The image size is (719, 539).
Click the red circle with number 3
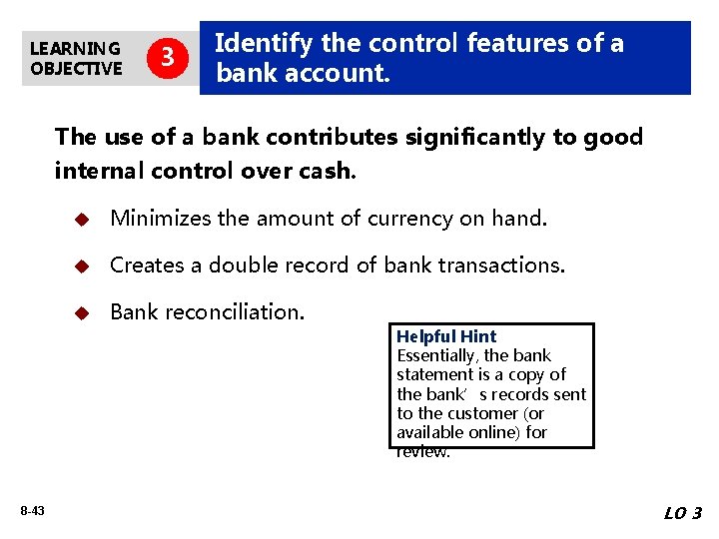pyautogui.click(x=168, y=58)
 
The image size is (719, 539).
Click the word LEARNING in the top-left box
pyautogui.click(x=75, y=48)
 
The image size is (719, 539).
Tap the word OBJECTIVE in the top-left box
pyautogui.click(x=76, y=68)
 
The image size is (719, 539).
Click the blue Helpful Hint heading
pyautogui.click(x=446, y=336)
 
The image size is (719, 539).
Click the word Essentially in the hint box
pyautogui.click(x=435, y=355)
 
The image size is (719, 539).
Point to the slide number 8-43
pyautogui.click(x=31, y=511)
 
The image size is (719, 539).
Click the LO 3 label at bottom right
pyautogui.click(x=683, y=513)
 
